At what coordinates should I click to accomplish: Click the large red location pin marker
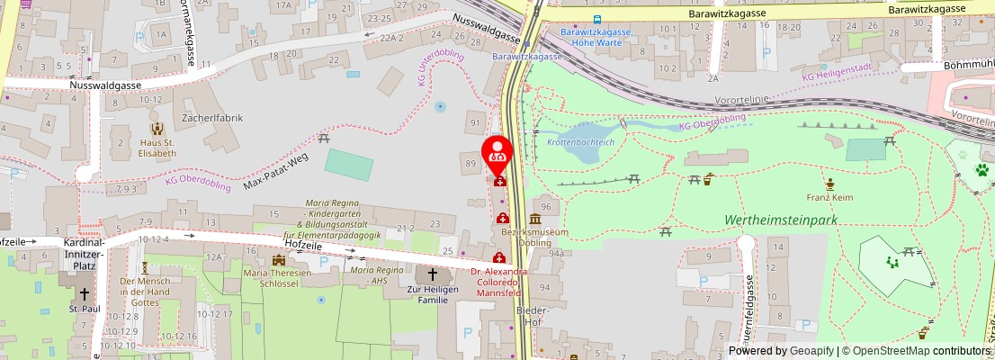click(x=497, y=153)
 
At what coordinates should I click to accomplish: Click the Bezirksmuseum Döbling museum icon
click(x=535, y=219)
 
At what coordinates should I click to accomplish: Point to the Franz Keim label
click(x=829, y=196)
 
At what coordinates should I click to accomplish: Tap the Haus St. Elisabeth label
click(x=157, y=148)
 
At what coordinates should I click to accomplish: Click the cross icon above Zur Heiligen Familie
click(x=432, y=274)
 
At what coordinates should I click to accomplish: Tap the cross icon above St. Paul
click(x=85, y=293)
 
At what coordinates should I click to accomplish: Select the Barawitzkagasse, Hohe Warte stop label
click(x=595, y=37)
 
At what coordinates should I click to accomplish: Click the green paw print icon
click(x=982, y=169)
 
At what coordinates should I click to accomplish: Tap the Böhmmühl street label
click(x=968, y=66)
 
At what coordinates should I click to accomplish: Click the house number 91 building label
click(x=474, y=122)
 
